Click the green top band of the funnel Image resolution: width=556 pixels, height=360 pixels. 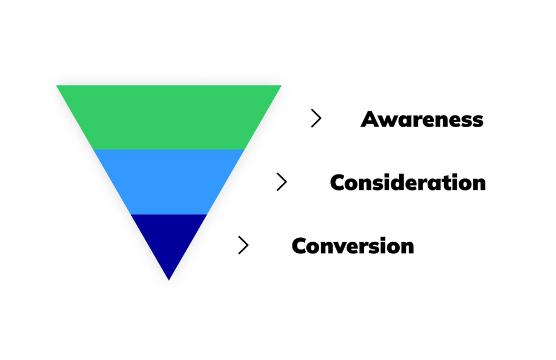[x=168, y=117]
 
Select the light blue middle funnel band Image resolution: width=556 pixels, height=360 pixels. [x=168, y=182]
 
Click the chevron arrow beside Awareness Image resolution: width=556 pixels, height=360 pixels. [x=316, y=118]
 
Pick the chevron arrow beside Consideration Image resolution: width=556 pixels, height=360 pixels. [x=282, y=182]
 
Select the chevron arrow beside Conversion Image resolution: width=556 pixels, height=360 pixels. [x=243, y=245]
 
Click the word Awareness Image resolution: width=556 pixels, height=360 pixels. [x=422, y=119]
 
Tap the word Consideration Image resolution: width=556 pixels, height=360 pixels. [x=408, y=183]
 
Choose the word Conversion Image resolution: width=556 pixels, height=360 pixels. [x=353, y=246]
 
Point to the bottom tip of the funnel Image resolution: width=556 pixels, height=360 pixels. [x=168, y=279]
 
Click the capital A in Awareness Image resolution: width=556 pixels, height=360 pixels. [x=371, y=119]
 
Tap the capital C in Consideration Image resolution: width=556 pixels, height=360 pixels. [x=340, y=183]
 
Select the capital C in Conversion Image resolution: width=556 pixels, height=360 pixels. [x=301, y=246]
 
